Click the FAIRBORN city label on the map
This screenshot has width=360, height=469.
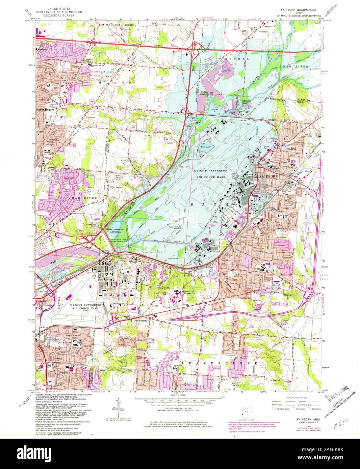pos(268,176)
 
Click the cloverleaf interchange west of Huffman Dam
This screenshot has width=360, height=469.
pos(90,241)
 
